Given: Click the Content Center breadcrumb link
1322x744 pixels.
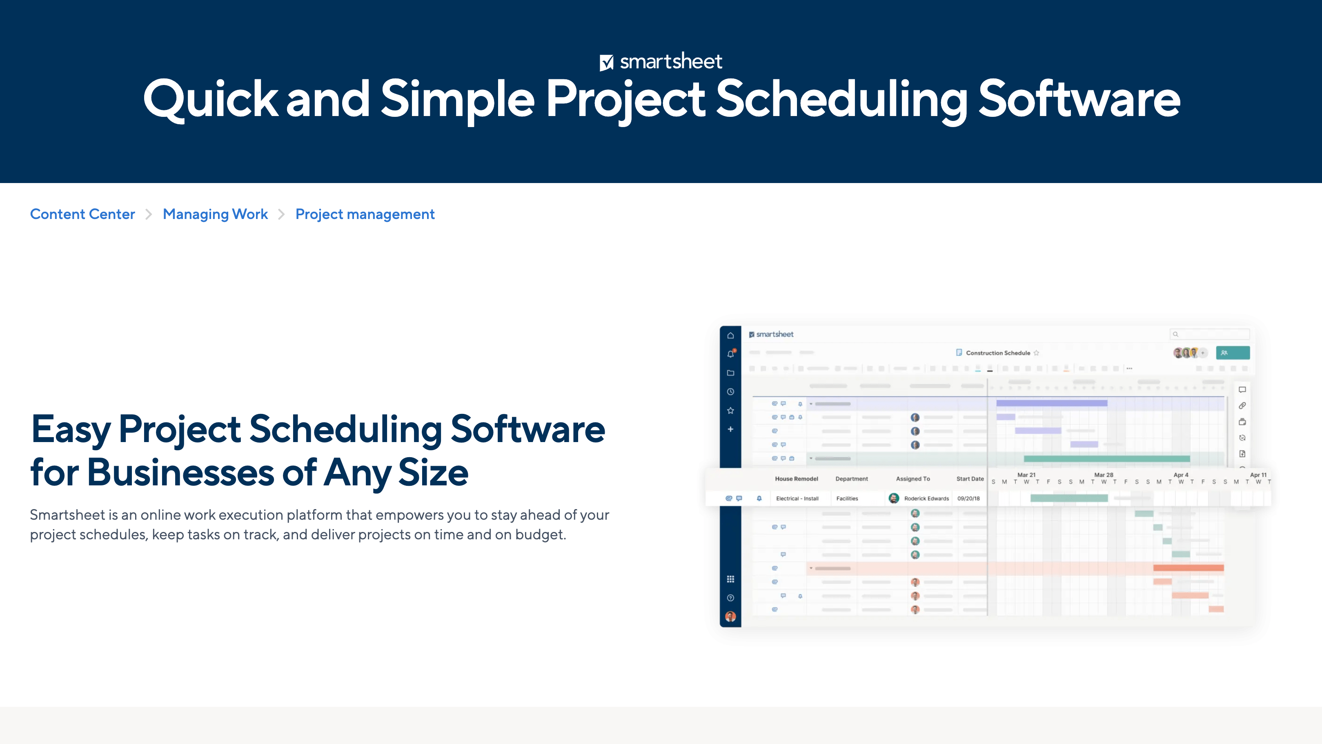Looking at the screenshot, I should (82, 214).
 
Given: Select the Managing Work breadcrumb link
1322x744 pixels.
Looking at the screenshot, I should (215, 214).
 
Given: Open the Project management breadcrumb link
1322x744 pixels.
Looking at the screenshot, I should (365, 214).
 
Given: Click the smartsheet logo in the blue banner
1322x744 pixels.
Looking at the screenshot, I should (661, 62).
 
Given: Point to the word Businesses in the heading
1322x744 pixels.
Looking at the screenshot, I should (180, 472).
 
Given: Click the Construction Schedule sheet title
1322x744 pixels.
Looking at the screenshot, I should (998, 353).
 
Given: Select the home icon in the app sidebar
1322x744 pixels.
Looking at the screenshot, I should (730, 335).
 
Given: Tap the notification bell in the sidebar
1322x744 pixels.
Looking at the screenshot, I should (730, 354).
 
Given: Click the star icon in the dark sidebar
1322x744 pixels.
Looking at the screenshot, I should (730, 410).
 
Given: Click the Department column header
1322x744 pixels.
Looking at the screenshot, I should (851, 478).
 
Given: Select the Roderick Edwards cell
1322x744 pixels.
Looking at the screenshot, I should (926, 498).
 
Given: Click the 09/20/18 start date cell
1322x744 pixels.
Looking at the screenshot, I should (968, 498).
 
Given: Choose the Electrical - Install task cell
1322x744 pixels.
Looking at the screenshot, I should (797, 498).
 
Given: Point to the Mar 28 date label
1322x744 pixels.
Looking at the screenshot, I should (1104, 475).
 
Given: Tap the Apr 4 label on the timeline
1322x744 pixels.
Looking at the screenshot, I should (1180, 475).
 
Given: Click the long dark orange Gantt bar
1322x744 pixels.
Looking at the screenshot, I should (1188, 568).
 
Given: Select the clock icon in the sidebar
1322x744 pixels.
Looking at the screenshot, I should (730, 392).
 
